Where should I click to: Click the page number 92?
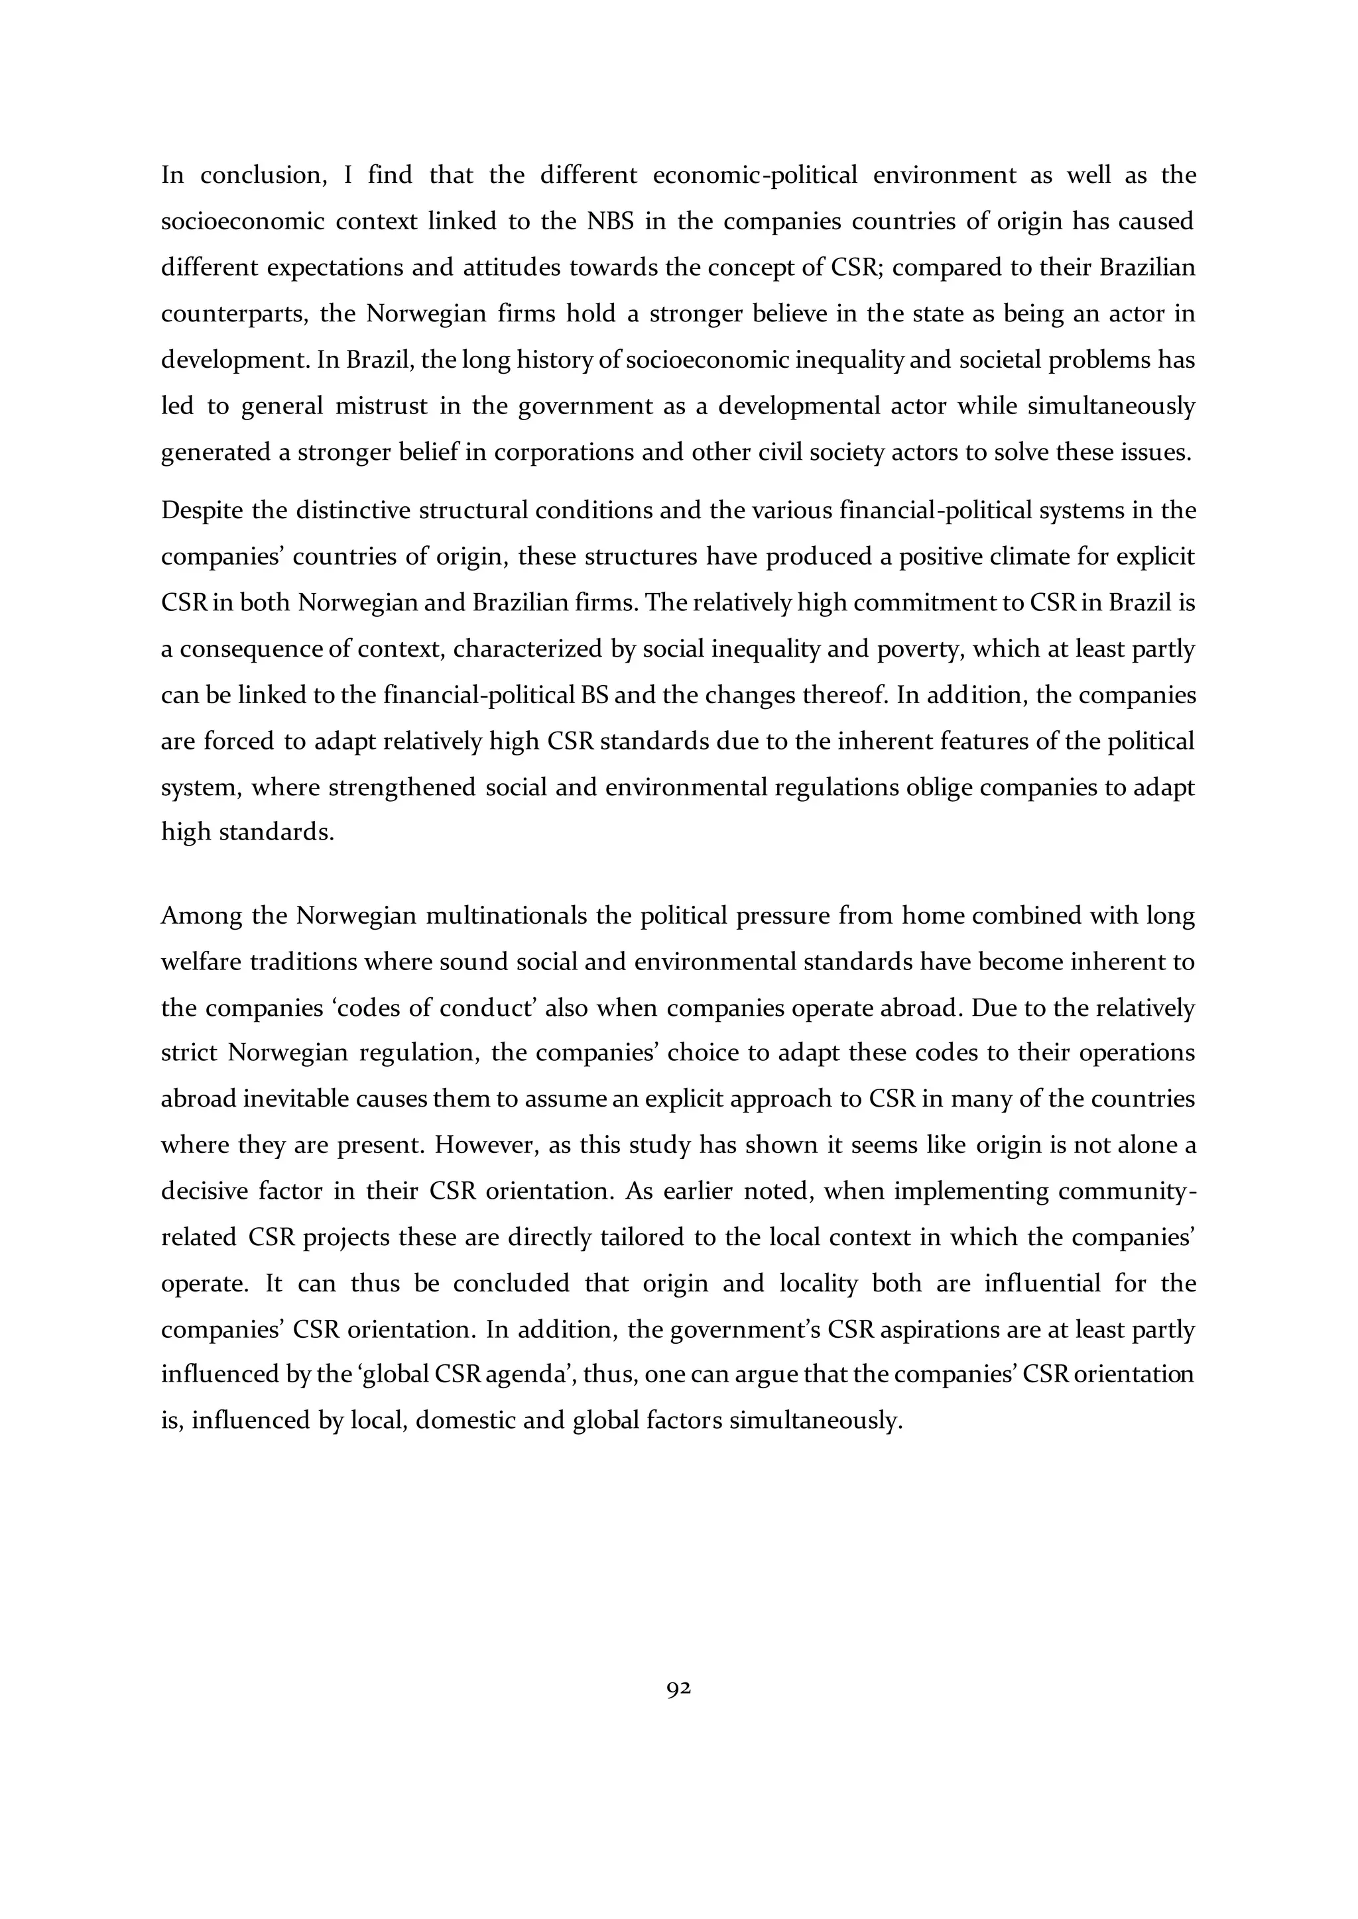pyautogui.click(x=678, y=1689)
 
